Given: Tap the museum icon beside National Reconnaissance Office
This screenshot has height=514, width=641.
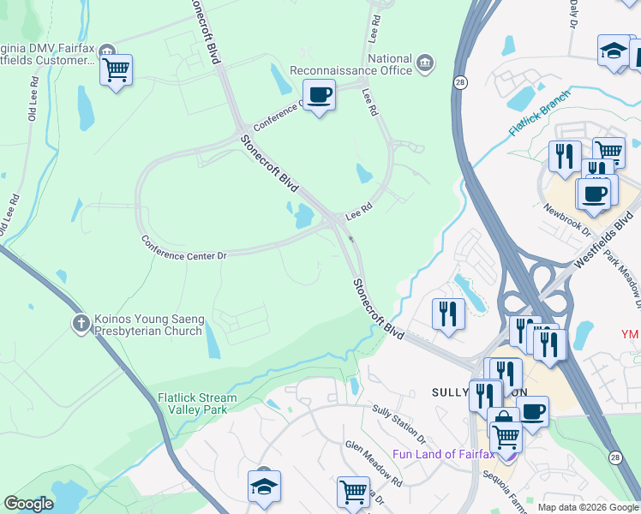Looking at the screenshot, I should coord(424,62).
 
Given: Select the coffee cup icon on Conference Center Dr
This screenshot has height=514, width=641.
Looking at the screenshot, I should coord(319,95).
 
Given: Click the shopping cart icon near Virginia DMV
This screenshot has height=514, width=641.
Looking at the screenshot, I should coord(116,70).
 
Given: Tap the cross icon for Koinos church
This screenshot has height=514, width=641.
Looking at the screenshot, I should coord(81,323).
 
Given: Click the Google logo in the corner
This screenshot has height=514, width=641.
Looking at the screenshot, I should coord(28,504).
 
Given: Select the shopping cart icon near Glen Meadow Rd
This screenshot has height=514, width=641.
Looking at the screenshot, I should coord(353,492).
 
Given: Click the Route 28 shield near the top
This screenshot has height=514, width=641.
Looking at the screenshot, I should coord(460,81).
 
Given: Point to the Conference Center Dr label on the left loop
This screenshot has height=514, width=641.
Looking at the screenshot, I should coord(183,250).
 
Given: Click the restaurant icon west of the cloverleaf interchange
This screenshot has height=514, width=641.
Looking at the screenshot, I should coord(449,314).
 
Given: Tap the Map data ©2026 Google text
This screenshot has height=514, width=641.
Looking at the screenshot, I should coord(588,507).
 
